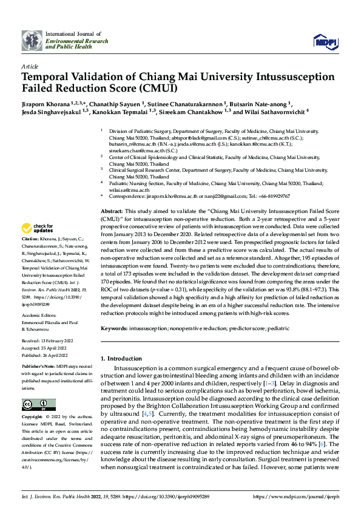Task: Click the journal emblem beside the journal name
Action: (x=32, y=40)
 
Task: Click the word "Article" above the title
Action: (x=30, y=66)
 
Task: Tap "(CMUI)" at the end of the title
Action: (x=156, y=88)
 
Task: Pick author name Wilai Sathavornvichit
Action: (x=274, y=112)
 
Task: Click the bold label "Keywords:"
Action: (x=113, y=328)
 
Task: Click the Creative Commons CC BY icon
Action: (x=39, y=405)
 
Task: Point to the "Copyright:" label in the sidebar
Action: (x=32, y=418)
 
